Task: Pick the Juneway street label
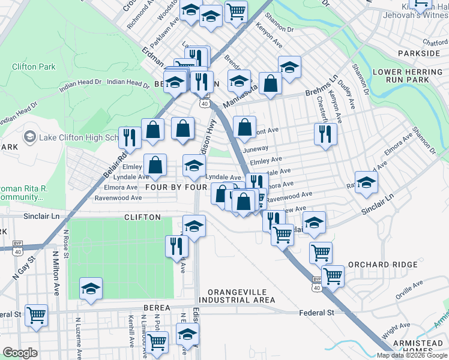click(256, 148)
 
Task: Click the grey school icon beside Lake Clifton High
click(29, 137)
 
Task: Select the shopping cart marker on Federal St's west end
click(36, 314)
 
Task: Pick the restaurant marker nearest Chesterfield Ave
click(325, 134)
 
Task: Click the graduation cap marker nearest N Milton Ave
click(90, 289)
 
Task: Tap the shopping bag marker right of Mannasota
click(271, 84)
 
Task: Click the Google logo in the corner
click(20, 353)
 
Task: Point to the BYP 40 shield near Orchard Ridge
click(316, 284)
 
